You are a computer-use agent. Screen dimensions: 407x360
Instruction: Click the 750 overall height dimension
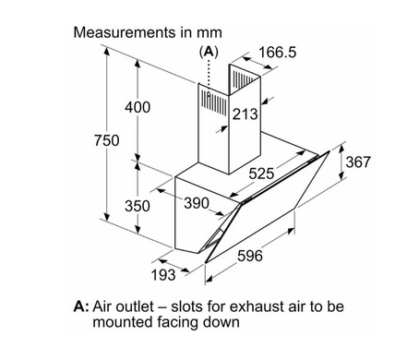click(x=106, y=140)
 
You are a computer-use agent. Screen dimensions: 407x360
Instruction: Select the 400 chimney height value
click(x=138, y=107)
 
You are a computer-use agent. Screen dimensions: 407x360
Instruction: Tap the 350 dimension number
click(x=138, y=206)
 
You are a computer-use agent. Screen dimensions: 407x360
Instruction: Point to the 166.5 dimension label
click(x=278, y=52)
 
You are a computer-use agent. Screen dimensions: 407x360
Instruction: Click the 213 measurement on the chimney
click(x=245, y=114)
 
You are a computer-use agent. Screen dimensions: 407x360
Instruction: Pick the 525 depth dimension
click(x=261, y=174)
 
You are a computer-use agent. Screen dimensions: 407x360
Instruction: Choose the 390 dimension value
click(x=197, y=203)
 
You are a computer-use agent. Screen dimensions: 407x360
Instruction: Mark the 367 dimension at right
click(x=358, y=162)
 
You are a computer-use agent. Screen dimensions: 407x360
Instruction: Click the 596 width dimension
click(x=250, y=256)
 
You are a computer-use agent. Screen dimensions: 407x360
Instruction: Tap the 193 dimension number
click(x=163, y=275)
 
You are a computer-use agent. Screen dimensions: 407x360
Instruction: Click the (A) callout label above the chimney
click(x=209, y=52)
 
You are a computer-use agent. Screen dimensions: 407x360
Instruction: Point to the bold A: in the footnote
click(x=81, y=306)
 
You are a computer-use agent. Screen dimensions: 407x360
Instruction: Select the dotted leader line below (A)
click(x=209, y=75)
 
